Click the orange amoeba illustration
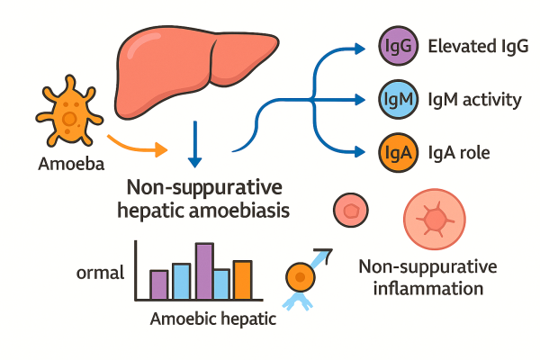click(68, 116)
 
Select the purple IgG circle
click(396, 46)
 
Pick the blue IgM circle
click(396, 99)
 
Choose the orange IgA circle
click(396, 152)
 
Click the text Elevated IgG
click(472, 46)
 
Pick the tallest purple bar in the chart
click(204, 271)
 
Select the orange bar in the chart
click(242, 279)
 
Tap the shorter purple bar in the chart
click(159, 283)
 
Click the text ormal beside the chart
click(100, 272)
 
